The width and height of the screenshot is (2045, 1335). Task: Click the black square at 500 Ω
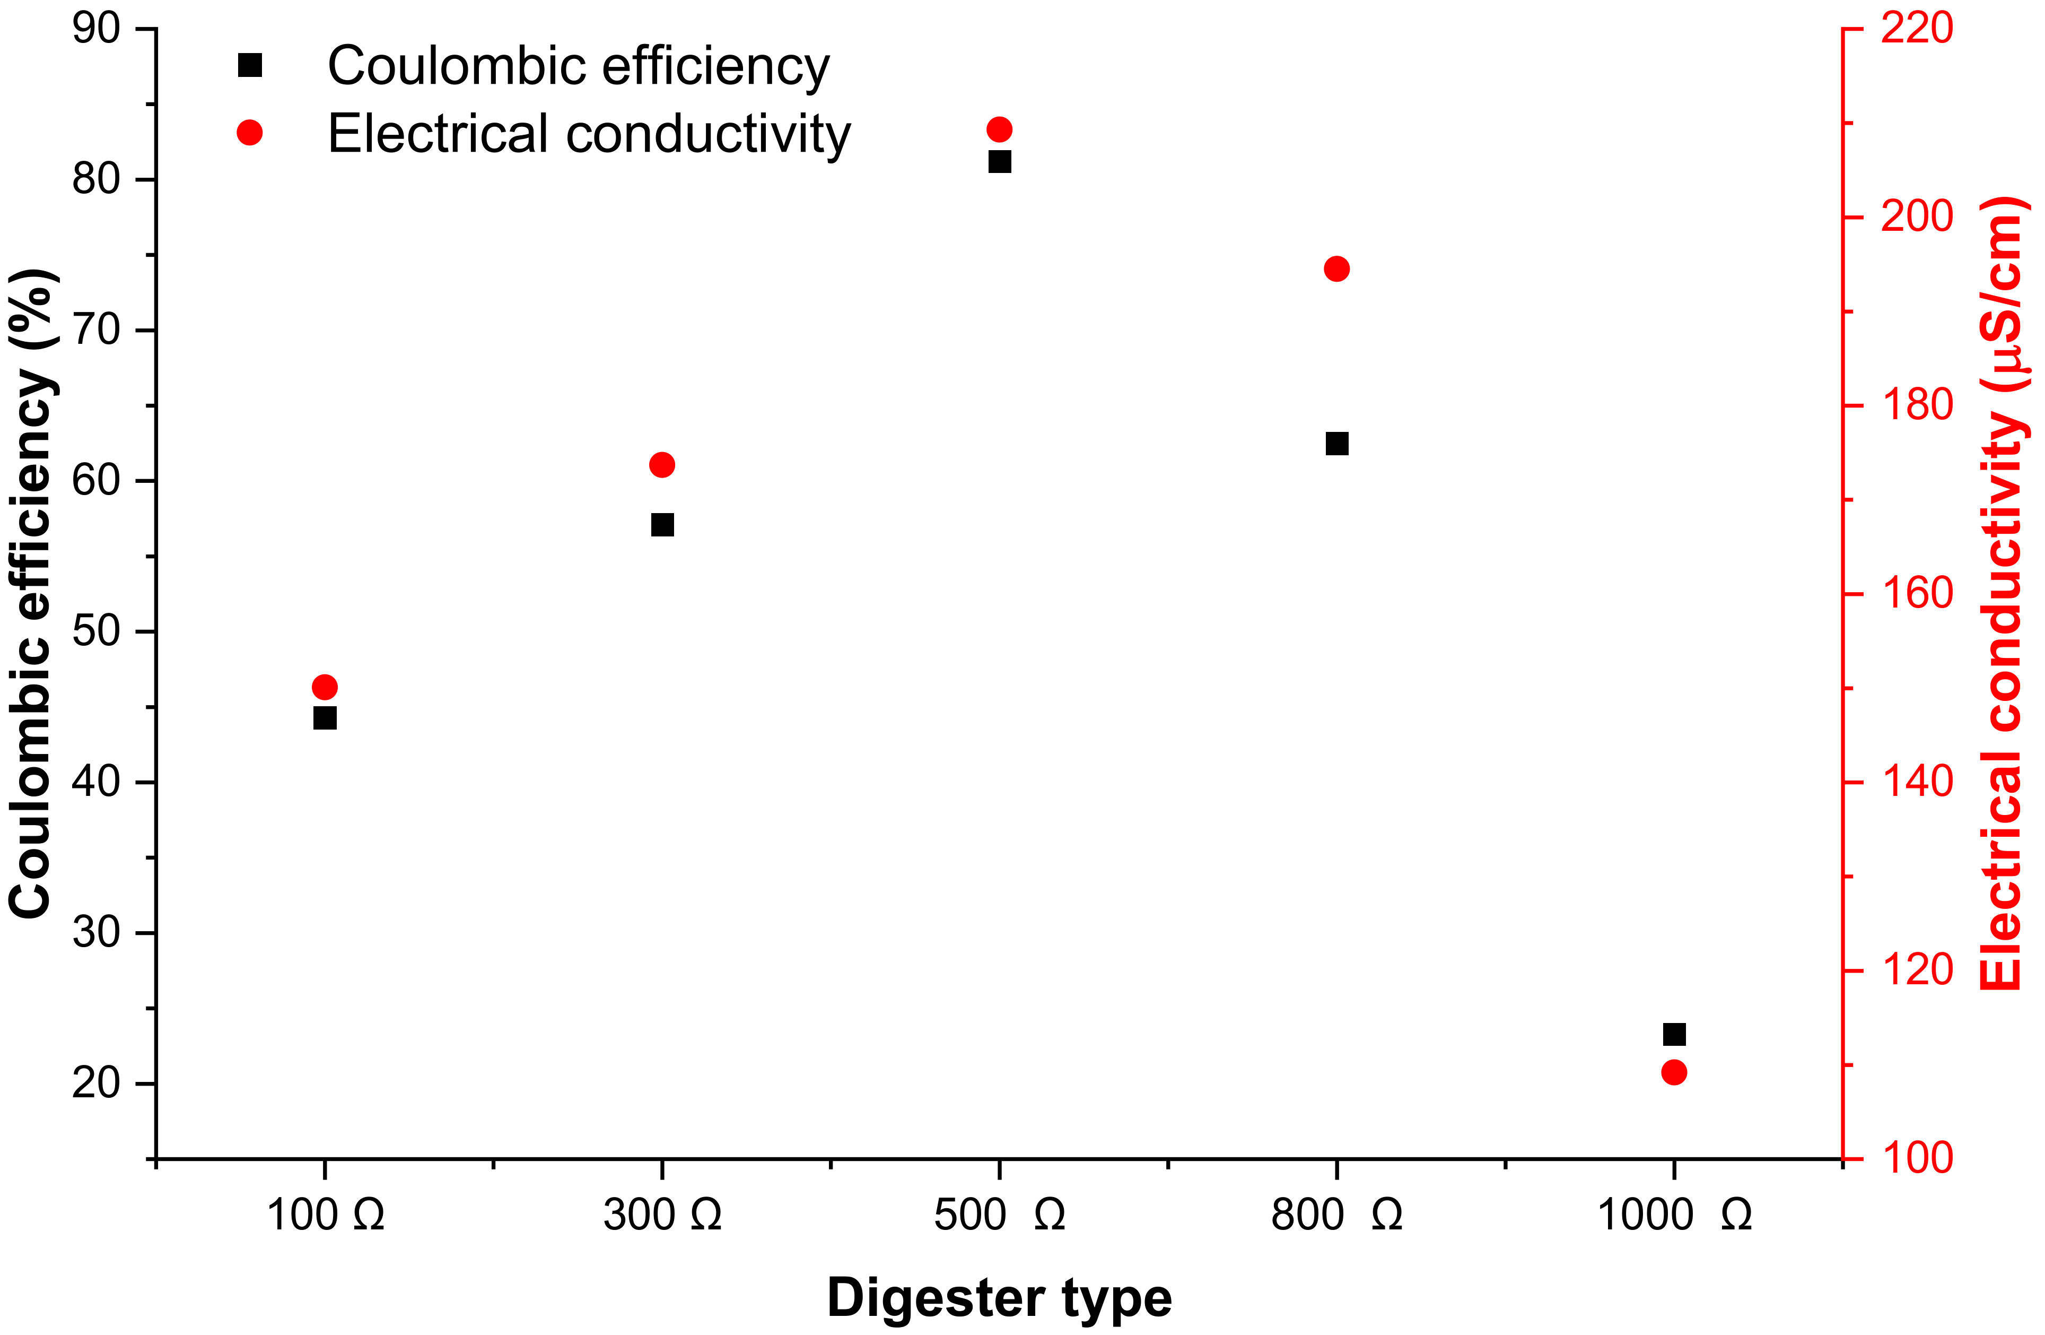(x=999, y=162)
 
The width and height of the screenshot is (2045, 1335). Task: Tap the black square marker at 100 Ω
(x=325, y=718)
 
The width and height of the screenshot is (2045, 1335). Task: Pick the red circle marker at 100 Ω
(x=325, y=687)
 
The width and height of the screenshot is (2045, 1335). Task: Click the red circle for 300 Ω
(x=662, y=465)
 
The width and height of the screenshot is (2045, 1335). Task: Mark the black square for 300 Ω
(x=662, y=524)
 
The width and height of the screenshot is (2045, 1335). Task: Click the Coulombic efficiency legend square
(x=250, y=65)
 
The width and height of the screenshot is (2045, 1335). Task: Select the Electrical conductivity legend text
(x=589, y=134)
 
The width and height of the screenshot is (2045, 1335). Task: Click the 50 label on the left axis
(x=96, y=632)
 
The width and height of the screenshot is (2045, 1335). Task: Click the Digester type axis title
(x=999, y=1297)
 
